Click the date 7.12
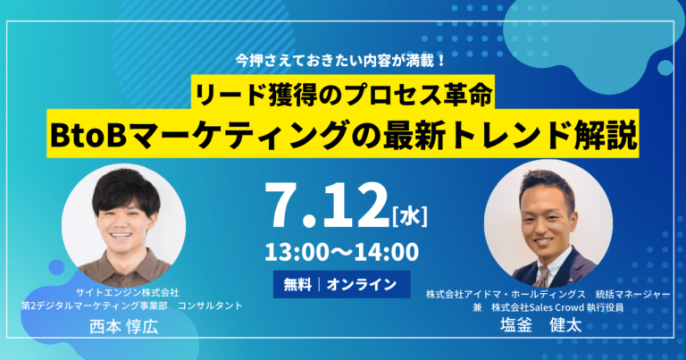pos(326,205)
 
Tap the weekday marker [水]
pos(410,216)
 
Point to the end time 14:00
pos(386,253)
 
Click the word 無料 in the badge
pos(297,285)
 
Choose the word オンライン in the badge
pos(362,285)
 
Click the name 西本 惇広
pos(124,327)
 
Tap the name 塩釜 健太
pos(540,325)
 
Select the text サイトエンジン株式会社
pos(128,292)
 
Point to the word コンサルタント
pos(210,306)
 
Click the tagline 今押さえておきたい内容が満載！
pos(340,61)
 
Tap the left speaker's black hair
pos(126,190)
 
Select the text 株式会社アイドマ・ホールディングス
pos(506,295)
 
